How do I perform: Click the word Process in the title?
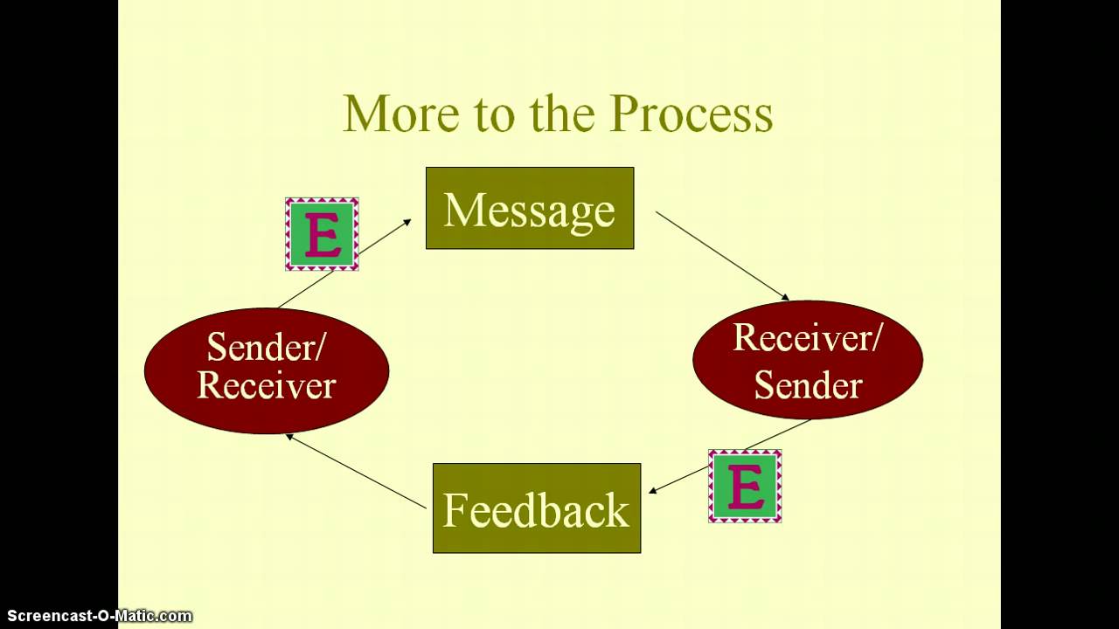pyautogui.click(x=691, y=114)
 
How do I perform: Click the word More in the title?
pyautogui.click(x=400, y=114)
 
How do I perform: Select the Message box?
pyautogui.click(x=529, y=209)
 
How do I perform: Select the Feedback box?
pyautogui.click(x=536, y=508)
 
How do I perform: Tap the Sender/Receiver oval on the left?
pyautogui.click(x=266, y=370)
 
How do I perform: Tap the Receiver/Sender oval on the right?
pyautogui.click(x=807, y=360)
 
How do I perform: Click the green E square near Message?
pyautogui.click(x=322, y=234)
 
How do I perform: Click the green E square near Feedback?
pyautogui.click(x=745, y=486)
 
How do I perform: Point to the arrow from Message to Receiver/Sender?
pyautogui.click(x=721, y=255)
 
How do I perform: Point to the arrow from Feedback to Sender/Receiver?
pyautogui.click(x=357, y=472)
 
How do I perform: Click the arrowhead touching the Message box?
pyautogui.click(x=407, y=224)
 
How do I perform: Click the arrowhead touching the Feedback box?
pyautogui.click(x=654, y=491)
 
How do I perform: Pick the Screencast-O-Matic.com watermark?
pyautogui.click(x=96, y=616)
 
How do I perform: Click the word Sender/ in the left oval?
pyautogui.click(x=266, y=348)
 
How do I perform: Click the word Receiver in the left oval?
pyautogui.click(x=266, y=385)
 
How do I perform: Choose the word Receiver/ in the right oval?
pyautogui.click(x=807, y=337)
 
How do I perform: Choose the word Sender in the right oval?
pyautogui.click(x=807, y=384)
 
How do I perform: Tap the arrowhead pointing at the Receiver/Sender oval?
pyautogui.click(x=784, y=297)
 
